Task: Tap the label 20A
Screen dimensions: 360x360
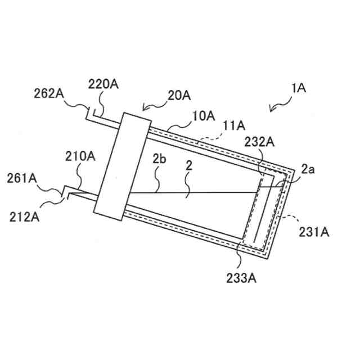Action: (179, 96)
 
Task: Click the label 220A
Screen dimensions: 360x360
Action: (103, 84)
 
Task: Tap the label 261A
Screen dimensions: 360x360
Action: (21, 178)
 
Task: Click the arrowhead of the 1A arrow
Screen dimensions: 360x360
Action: (269, 110)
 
